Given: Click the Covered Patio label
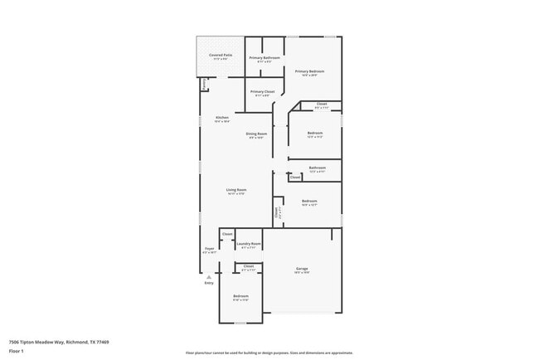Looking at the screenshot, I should (x=221, y=56).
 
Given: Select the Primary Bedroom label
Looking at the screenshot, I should (x=309, y=71).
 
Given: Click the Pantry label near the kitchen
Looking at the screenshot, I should (x=203, y=85).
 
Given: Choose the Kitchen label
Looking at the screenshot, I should (x=222, y=118).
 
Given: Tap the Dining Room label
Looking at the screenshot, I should (x=256, y=134).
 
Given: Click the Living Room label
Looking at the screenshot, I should (x=236, y=190).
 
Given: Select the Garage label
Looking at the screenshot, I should (x=303, y=269).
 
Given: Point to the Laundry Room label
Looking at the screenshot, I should (x=249, y=244).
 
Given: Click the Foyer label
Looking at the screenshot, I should (x=209, y=249).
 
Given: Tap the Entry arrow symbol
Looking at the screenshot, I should (x=209, y=277).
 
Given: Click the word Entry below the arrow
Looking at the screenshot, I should (x=209, y=284).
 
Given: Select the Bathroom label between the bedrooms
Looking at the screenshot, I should (x=317, y=168).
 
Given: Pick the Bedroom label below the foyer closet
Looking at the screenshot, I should (x=240, y=296).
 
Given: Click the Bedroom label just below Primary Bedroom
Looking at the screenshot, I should (x=314, y=133).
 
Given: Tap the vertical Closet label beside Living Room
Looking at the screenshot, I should (x=276, y=212).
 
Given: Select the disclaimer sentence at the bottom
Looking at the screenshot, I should (x=269, y=353).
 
